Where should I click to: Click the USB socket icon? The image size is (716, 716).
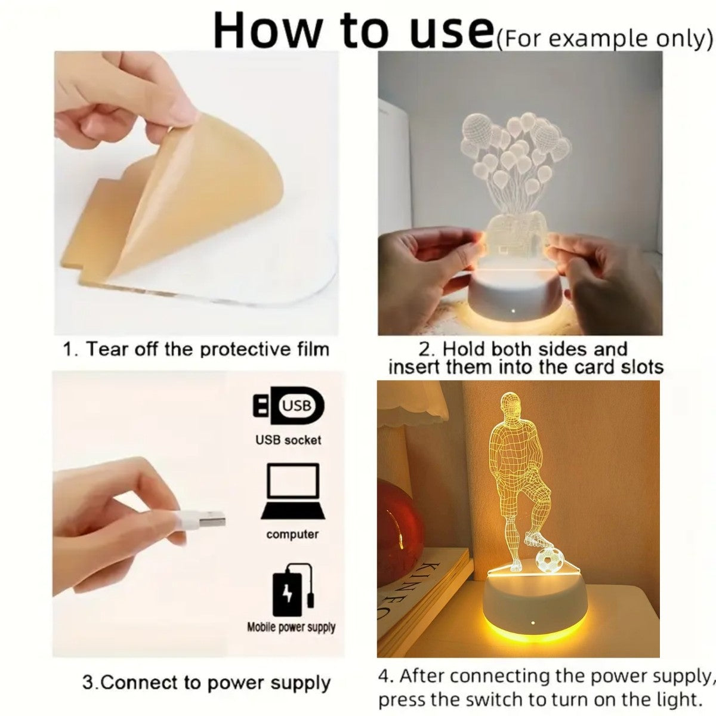(x=289, y=406)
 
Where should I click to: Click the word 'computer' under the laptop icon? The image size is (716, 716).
(x=292, y=534)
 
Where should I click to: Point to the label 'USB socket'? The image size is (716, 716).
(x=288, y=440)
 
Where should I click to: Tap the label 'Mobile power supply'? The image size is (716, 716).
(x=291, y=627)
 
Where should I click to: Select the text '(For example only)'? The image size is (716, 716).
(x=604, y=38)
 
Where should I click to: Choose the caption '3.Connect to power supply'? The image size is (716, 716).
(x=206, y=683)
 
